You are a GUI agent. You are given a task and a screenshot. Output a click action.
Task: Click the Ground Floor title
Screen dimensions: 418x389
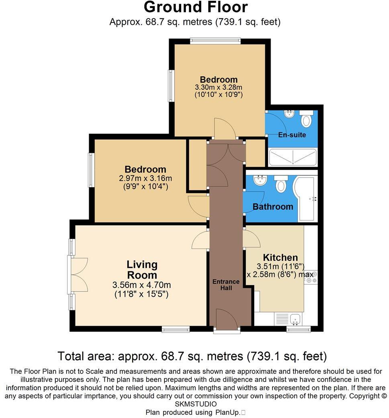click(x=196, y=7)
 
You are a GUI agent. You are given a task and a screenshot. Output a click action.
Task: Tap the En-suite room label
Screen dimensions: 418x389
click(x=292, y=135)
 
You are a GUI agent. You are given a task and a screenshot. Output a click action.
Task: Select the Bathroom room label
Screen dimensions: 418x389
click(x=273, y=207)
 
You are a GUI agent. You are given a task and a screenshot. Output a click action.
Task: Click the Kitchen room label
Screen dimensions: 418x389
click(x=280, y=257)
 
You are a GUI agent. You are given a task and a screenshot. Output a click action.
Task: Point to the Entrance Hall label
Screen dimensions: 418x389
click(x=226, y=285)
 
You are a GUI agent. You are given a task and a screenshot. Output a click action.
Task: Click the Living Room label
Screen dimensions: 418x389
click(x=142, y=270)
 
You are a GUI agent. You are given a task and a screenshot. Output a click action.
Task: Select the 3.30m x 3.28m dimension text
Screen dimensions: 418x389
click(x=219, y=87)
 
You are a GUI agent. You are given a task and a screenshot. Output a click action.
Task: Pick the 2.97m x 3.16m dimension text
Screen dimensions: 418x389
click(x=145, y=178)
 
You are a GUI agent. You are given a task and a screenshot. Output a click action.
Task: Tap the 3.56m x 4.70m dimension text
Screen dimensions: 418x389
click(x=142, y=285)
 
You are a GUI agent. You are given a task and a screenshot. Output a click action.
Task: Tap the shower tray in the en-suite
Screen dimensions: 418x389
click(x=293, y=157)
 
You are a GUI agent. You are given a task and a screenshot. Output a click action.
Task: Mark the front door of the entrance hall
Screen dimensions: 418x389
click(x=226, y=320)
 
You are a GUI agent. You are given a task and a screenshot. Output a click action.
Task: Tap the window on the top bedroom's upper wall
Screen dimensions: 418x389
click(x=215, y=41)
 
